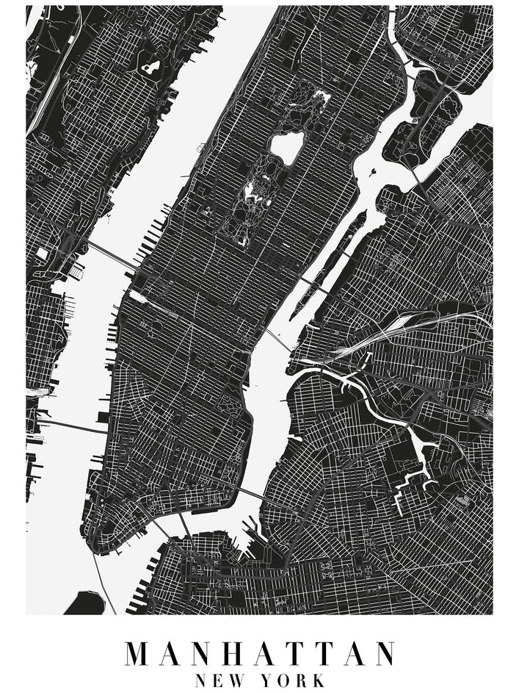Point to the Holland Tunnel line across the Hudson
70,426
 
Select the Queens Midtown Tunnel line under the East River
279,340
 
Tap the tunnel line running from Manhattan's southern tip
103,581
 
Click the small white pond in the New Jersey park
151,68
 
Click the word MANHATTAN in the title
259,653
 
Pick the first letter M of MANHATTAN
138,653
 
